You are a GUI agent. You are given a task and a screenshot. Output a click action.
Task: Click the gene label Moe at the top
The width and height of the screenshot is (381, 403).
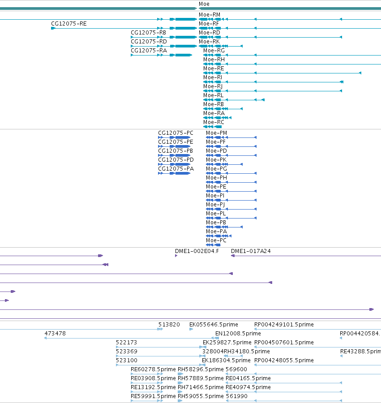(x=204, y=4)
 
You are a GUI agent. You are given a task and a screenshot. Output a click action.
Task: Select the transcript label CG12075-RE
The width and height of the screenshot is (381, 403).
(x=69, y=24)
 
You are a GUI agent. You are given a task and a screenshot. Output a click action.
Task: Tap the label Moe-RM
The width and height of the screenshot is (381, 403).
(x=210, y=15)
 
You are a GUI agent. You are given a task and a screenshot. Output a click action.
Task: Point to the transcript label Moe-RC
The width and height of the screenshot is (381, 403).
(x=214, y=122)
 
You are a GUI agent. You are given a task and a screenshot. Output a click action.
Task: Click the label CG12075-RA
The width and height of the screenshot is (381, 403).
(x=149, y=50)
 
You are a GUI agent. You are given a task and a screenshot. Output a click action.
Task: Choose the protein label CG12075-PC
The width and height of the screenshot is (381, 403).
(x=176, y=133)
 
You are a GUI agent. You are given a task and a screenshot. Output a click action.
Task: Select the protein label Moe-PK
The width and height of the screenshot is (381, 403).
(x=216, y=159)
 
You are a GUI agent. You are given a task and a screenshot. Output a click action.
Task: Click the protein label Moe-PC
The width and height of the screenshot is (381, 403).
(x=216, y=240)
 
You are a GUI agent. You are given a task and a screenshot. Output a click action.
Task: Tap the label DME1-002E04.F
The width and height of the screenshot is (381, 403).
(x=197, y=251)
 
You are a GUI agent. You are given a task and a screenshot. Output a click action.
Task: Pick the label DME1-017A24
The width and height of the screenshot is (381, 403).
(x=251, y=251)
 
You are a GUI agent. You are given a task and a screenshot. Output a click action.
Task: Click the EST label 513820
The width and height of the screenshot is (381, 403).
(x=169, y=325)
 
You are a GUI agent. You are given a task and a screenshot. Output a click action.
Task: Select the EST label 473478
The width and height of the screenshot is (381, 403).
(x=55, y=334)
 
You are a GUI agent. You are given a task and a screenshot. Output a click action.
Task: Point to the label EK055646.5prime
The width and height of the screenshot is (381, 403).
(x=214, y=325)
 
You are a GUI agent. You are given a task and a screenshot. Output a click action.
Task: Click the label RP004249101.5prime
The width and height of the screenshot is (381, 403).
(x=284, y=325)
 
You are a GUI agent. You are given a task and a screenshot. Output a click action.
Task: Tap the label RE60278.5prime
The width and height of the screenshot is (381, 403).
(x=153, y=369)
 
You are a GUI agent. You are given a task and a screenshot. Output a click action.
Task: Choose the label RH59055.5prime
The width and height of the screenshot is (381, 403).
(x=201, y=396)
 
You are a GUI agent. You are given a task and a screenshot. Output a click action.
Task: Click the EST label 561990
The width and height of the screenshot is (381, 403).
(x=237, y=396)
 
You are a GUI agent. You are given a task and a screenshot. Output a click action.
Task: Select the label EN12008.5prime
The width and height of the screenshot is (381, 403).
(x=238, y=334)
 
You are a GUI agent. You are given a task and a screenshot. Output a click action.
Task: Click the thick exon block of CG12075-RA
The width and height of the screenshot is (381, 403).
(x=184, y=55)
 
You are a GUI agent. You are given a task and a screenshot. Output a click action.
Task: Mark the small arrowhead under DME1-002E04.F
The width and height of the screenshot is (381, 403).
(x=176, y=256)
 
